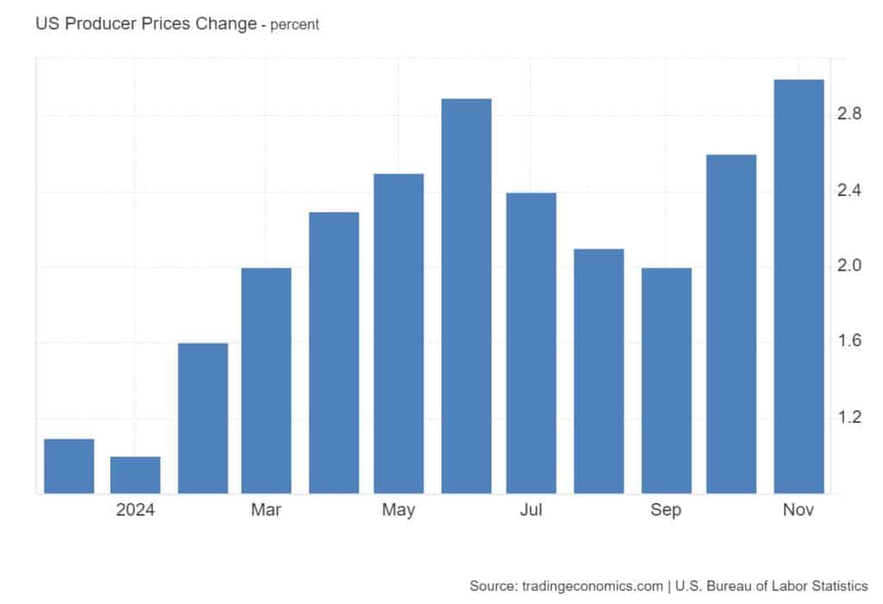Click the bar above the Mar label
click(266, 381)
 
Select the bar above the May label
click(399, 333)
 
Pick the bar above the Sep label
click(666, 381)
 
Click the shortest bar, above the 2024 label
click(135, 475)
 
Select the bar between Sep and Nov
click(731, 324)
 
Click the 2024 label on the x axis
click(135, 510)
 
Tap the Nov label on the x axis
click(798, 510)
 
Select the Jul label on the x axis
click(531, 510)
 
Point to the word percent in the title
click(295, 25)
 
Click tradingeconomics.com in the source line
click(594, 586)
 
